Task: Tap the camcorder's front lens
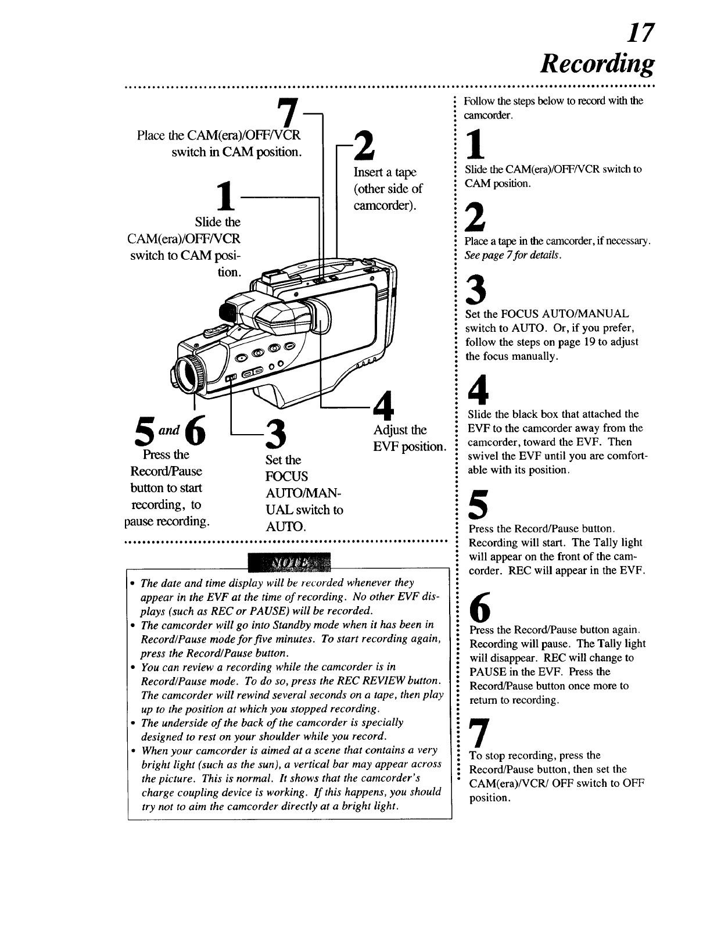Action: coord(189,375)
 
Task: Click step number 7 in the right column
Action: coord(476,734)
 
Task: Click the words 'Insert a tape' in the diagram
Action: coord(385,173)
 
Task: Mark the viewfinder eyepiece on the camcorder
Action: coord(228,313)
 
